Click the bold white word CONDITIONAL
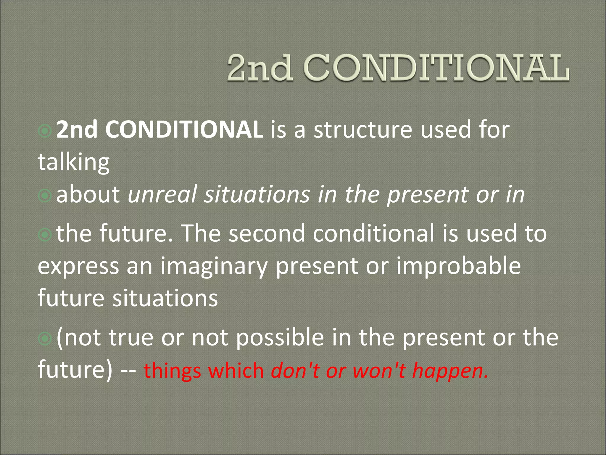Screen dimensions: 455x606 point(184,130)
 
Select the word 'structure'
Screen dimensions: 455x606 point(363,130)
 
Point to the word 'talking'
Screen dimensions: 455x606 point(74,162)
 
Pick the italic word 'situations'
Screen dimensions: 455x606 point(257,195)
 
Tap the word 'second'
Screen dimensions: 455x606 point(267,233)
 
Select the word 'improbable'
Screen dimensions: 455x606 point(458,266)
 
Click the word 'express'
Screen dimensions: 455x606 point(78,266)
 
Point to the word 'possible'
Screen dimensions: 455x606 point(280,337)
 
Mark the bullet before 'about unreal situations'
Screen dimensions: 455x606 point(45,195)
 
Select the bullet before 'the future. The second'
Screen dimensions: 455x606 point(45,234)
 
